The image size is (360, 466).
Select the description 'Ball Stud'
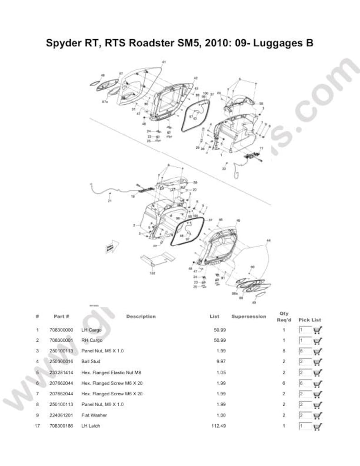point(91,362)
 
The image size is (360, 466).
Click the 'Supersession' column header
point(248,316)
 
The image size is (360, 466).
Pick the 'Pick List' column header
point(310,320)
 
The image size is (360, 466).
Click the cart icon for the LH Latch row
point(317,426)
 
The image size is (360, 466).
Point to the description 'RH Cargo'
point(92,340)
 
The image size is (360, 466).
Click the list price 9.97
point(220,362)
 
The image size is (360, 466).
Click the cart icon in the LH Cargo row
point(317,330)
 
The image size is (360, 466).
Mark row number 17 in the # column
point(37,426)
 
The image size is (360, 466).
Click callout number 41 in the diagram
point(164,62)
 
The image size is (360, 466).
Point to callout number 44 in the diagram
point(268,240)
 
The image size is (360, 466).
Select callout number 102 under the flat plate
point(152,273)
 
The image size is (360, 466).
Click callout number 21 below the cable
point(109,201)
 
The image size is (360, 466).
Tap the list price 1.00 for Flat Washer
point(221,415)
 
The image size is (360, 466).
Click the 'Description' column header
point(141,316)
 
